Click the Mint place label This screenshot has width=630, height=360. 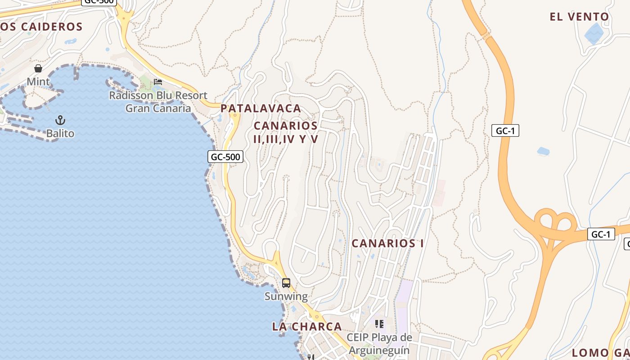click(x=38, y=82)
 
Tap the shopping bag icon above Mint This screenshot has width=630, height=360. click(x=38, y=68)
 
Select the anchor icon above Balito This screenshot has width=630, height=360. click(x=60, y=120)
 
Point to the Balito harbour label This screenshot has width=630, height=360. click(x=60, y=134)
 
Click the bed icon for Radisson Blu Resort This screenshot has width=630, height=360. click(x=158, y=81)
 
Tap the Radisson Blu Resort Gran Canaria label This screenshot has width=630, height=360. click(x=158, y=102)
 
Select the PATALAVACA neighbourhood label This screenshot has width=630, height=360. click(x=261, y=108)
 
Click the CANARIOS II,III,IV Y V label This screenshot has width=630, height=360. click(x=286, y=132)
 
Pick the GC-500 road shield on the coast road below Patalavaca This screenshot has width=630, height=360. click(x=225, y=157)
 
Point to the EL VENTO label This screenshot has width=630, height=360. click(x=579, y=17)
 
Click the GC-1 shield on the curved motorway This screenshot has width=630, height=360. click(x=505, y=131)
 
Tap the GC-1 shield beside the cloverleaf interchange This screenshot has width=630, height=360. click(x=601, y=234)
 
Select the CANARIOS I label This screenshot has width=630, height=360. click(x=387, y=243)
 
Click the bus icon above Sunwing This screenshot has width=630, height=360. click(x=286, y=283)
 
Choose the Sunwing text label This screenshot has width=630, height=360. click(x=286, y=297)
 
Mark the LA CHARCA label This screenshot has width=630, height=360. click(x=307, y=327)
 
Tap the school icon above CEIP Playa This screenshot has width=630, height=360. click(x=379, y=324)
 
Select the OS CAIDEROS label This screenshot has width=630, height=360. click(x=41, y=27)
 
